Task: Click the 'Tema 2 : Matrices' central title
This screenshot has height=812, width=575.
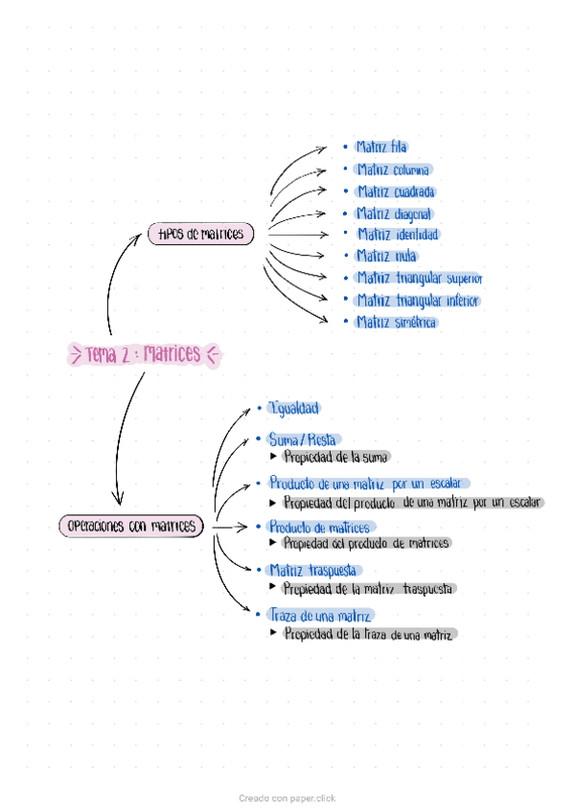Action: coord(145,354)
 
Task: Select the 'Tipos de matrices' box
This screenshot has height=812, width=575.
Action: coord(201,234)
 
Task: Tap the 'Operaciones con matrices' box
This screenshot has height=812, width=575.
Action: coord(131,526)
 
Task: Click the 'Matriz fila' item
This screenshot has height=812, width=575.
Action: coord(381,147)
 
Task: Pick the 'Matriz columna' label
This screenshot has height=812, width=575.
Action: coord(393,169)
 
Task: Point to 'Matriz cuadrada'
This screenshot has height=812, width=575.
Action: coord(395,192)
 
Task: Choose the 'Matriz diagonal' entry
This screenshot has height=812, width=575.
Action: coord(394,214)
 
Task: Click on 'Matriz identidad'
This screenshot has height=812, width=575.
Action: coord(399,235)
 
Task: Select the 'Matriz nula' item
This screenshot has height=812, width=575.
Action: coord(385,256)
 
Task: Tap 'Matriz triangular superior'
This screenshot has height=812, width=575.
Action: coord(420,279)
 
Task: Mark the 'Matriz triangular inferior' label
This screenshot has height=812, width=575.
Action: coord(417,301)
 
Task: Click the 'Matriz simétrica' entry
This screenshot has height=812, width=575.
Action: coord(396,323)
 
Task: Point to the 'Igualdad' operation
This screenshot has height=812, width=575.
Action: coord(293,409)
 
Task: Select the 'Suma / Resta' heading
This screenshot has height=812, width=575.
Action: coord(303,440)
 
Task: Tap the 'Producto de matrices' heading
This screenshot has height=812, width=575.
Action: coord(319,527)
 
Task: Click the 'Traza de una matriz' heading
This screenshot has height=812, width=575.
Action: coord(321,616)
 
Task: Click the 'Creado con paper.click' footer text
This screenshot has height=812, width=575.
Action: coord(287,798)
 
